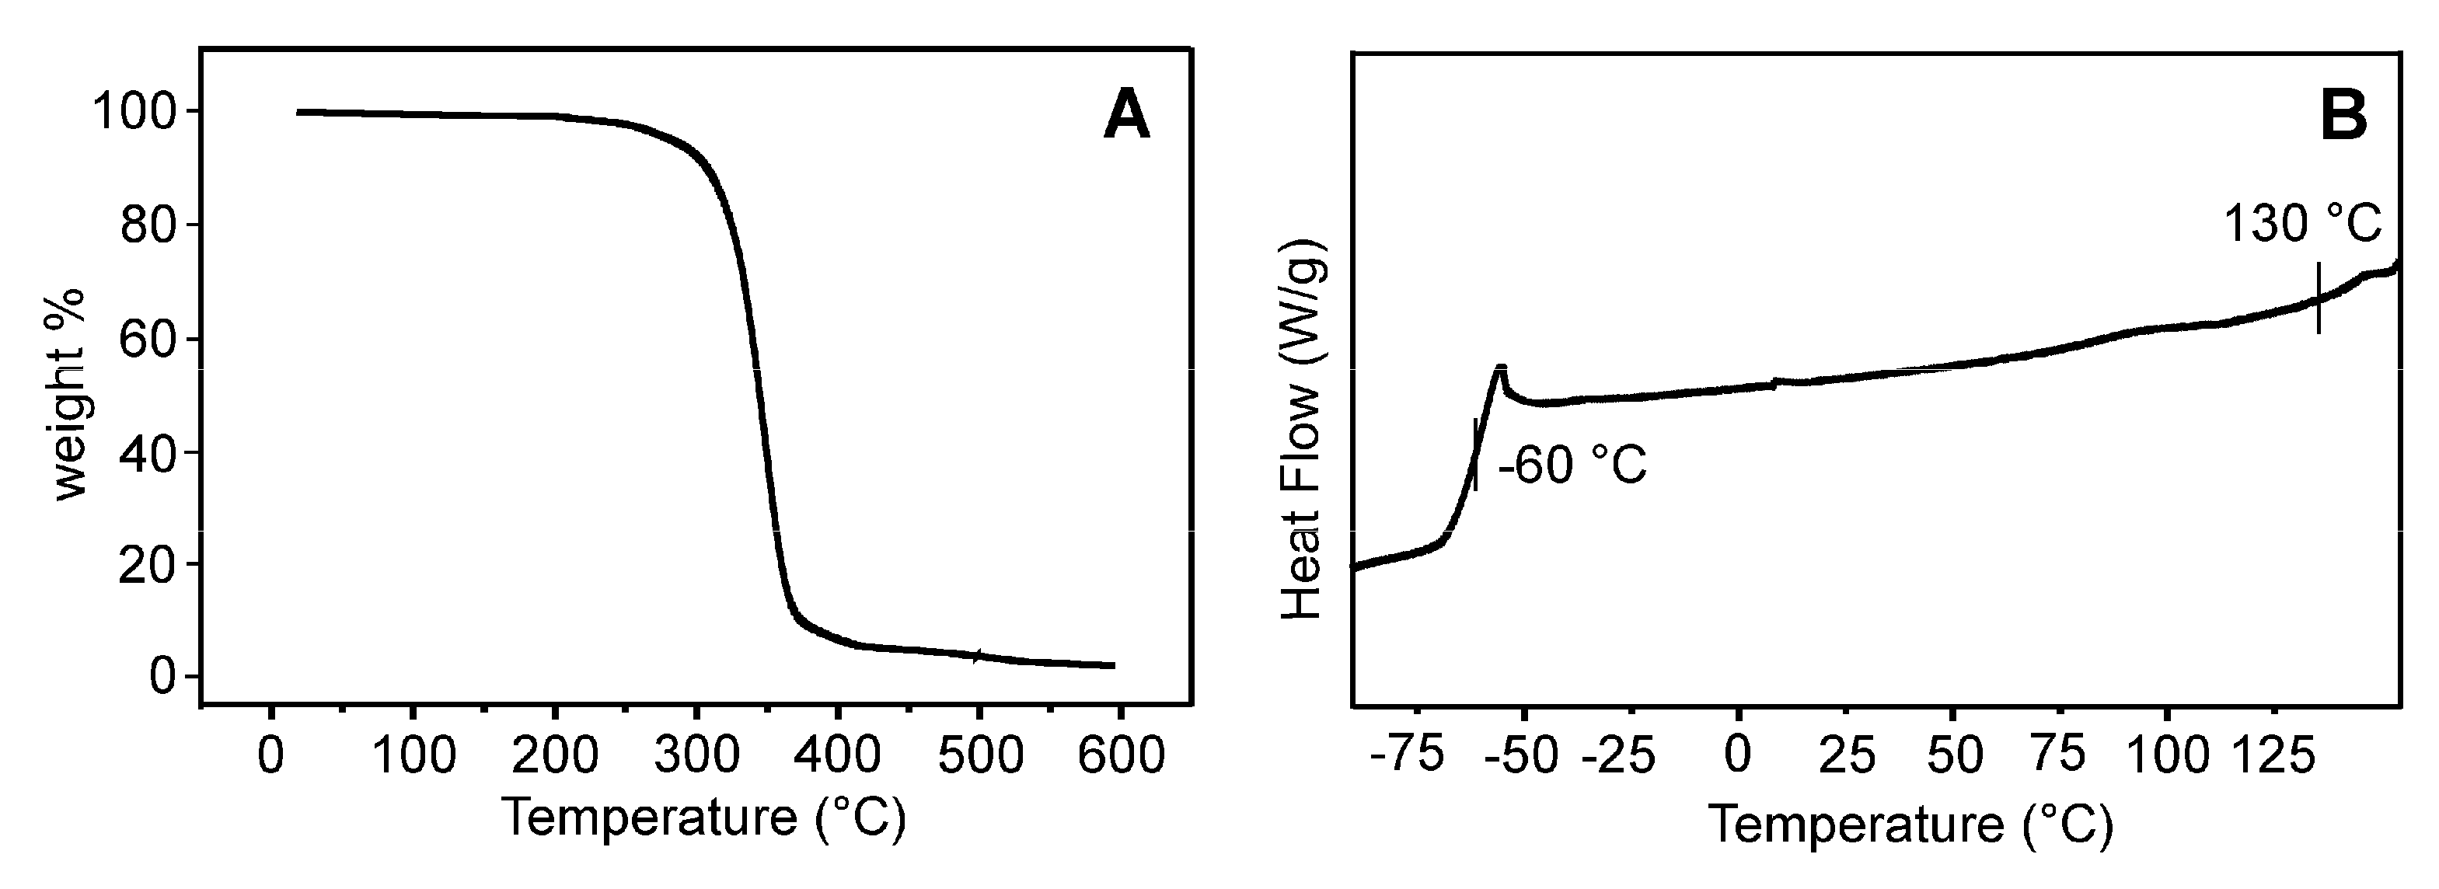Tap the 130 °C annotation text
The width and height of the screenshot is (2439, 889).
2301,225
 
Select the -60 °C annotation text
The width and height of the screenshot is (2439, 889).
1572,465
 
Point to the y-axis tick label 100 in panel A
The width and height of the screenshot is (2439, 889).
135,113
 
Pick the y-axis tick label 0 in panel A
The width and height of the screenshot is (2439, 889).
164,677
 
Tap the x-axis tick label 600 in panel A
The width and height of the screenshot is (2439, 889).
1120,755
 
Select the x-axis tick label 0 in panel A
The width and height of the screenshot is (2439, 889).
272,755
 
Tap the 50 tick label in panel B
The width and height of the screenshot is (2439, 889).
1953,755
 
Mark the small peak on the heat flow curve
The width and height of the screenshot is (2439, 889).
1501,368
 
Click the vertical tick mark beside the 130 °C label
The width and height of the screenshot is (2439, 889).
2319,298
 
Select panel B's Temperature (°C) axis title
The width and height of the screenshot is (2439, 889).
1910,824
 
